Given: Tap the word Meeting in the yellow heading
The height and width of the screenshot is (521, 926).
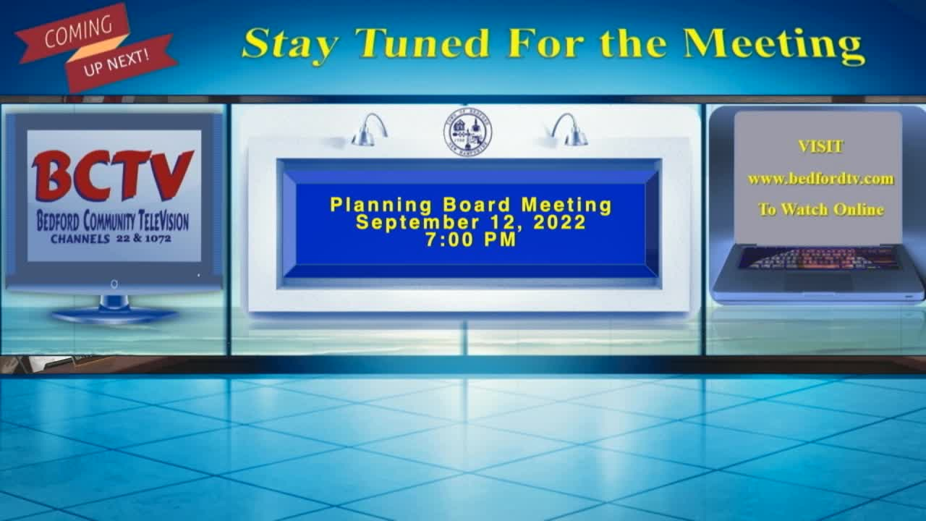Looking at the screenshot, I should click(774, 45).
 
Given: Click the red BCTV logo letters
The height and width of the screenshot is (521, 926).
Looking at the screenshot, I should click(113, 176).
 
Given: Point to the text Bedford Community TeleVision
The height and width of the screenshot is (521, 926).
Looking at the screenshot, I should click(113, 219).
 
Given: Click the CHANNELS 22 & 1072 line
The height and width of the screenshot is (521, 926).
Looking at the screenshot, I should click(111, 238).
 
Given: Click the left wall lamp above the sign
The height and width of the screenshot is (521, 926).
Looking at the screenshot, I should click(370, 130).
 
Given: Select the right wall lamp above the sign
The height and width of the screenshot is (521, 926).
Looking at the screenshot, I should click(569, 130).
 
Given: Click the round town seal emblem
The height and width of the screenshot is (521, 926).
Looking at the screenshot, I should click(467, 131).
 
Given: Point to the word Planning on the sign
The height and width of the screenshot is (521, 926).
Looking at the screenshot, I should click(375, 206).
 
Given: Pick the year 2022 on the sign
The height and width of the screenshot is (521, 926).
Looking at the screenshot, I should click(559, 223).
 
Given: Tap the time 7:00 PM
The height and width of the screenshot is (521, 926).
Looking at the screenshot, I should click(470, 240).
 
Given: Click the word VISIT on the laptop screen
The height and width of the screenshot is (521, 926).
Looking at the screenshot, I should click(820, 147).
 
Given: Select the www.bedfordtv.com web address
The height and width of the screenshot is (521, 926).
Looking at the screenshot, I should click(820, 179).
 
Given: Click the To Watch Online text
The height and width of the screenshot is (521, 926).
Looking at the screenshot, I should click(820, 210).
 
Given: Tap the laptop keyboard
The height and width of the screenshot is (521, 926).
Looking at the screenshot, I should click(818, 258).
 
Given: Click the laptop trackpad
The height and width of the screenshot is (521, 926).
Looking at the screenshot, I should click(817, 281).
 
